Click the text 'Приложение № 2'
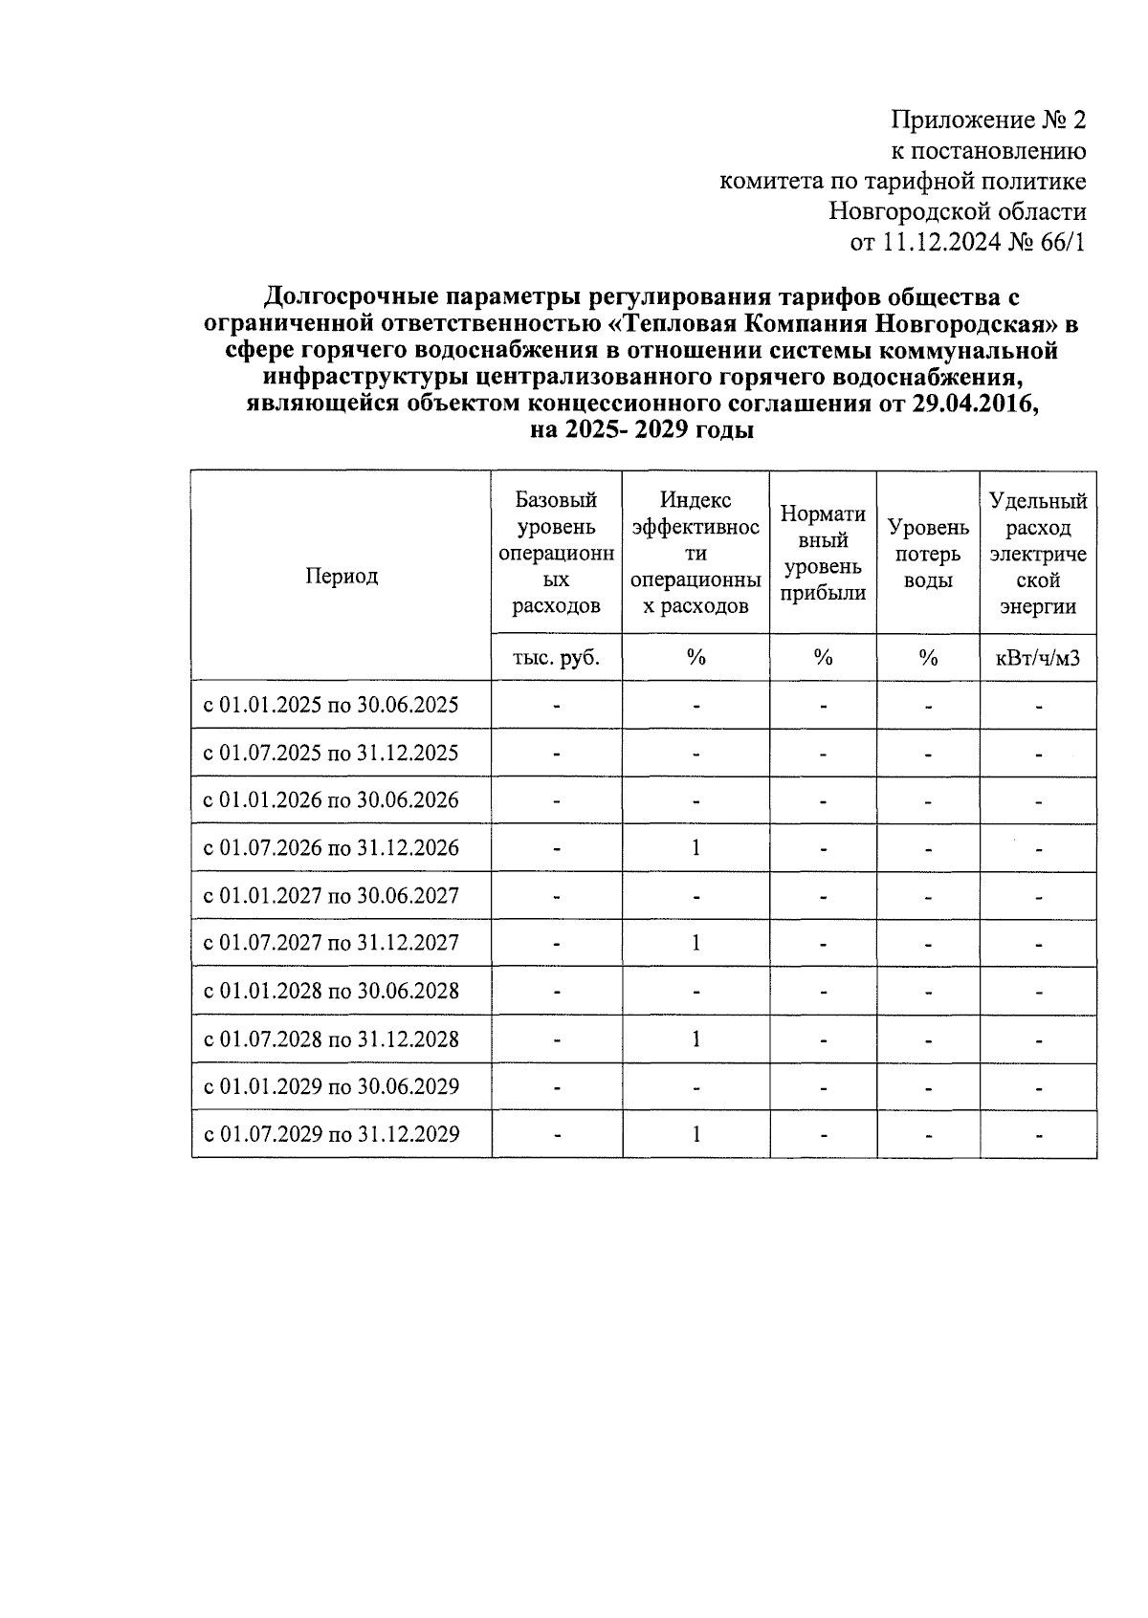click(x=989, y=120)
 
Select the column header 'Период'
click(x=342, y=576)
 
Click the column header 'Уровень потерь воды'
click(x=928, y=554)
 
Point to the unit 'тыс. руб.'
click(x=556, y=658)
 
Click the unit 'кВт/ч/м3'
click(x=1038, y=658)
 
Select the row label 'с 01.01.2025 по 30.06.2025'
click(x=331, y=706)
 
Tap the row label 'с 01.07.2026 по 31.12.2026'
click(x=331, y=848)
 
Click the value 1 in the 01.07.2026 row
click(x=695, y=848)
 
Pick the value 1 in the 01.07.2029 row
click(x=695, y=1135)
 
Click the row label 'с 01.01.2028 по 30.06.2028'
click(x=331, y=992)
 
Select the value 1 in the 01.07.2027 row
click(x=695, y=943)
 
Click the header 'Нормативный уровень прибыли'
click(x=823, y=554)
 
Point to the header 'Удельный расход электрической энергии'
click(x=1038, y=554)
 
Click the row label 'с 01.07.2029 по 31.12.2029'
click(x=331, y=1135)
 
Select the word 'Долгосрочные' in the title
click(x=346, y=297)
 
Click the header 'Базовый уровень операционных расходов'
click(x=556, y=554)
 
